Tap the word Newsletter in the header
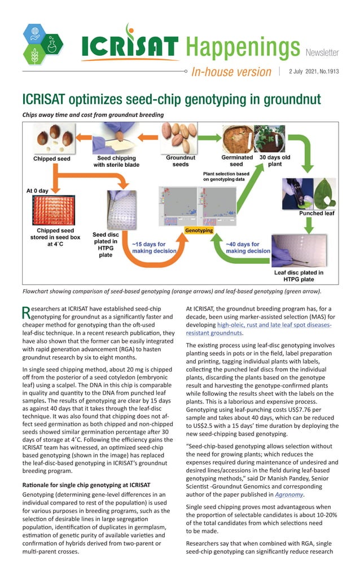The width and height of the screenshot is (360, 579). click(x=322, y=53)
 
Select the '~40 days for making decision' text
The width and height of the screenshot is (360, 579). click(x=248, y=247)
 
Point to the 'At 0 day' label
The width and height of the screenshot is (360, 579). click(x=38, y=191)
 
